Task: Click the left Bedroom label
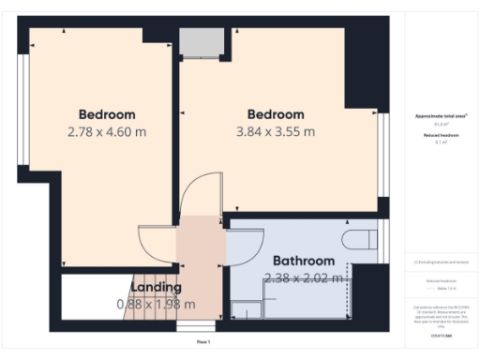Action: click(107, 114)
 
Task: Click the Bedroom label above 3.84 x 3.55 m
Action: click(276, 114)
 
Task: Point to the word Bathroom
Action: click(304, 261)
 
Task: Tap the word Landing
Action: click(156, 287)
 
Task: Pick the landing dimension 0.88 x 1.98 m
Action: click(156, 304)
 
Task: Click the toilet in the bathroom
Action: click(360, 237)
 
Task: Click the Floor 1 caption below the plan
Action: click(202, 342)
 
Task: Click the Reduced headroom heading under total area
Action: click(441, 135)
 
